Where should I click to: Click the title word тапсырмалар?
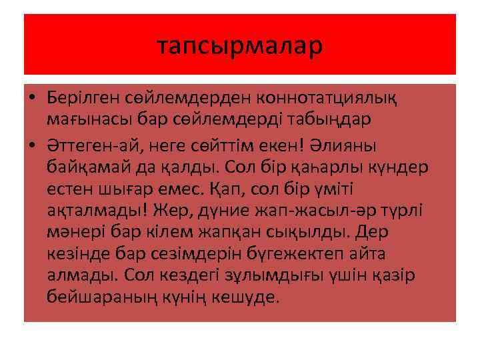point(240,45)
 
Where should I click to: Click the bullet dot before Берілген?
point(31,98)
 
